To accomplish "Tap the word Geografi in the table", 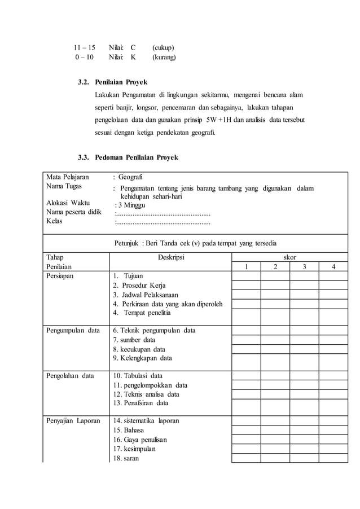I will pos(134,177).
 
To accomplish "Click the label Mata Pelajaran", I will pos(68,177).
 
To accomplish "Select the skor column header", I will pos(289,257).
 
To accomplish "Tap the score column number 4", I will pos(333,267).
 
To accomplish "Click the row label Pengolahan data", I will pos(70,375).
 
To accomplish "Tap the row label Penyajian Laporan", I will pos(73,420).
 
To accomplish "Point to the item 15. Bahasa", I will pos(129,430).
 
